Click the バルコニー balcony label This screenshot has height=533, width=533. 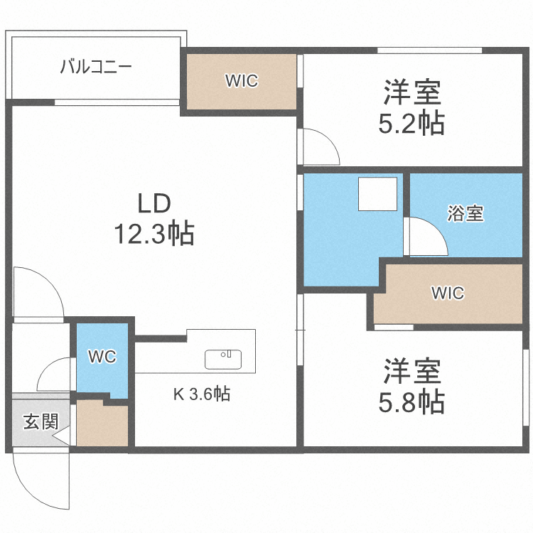coord(95,68)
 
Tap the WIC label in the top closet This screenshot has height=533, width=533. coord(242,81)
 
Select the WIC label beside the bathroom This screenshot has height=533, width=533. coord(448,293)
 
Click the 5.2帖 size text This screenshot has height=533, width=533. coord(413,124)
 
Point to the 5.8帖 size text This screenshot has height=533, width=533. coord(413,402)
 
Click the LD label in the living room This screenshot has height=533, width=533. coord(154,204)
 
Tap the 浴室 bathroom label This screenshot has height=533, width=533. coord(465,213)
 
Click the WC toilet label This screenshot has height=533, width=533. coord(102,357)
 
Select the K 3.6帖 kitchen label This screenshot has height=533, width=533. coord(202,394)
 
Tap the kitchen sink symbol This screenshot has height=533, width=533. coord(223,359)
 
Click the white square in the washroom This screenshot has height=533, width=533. coord(377,194)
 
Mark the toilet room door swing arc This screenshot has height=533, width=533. coord(55,373)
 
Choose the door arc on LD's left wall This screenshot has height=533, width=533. coord(36,291)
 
